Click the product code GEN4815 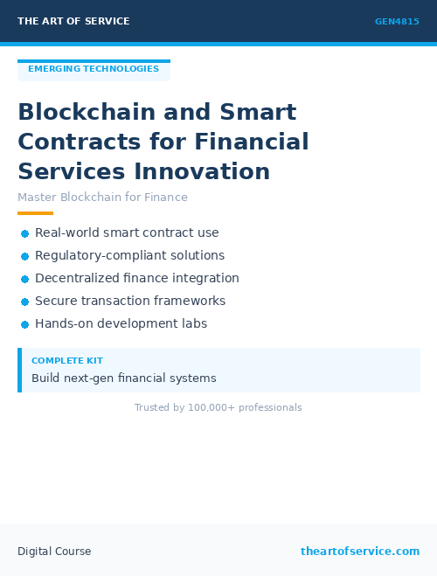pyautogui.click(x=397, y=22)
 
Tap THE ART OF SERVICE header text pyautogui.click(x=73, y=21)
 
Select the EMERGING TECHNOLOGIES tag pyautogui.click(x=94, y=69)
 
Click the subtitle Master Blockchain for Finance pyautogui.click(x=102, y=198)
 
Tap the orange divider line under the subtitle pyautogui.click(x=35, y=213)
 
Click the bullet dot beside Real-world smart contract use pyautogui.click(x=25, y=233)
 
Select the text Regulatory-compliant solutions pyautogui.click(x=129, y=256)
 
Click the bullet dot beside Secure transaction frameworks pyautogui.click(x=25, y=302)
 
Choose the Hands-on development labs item pyautogui.click(x=121, y=323)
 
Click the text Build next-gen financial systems pyautogui.click(x=123, y=378)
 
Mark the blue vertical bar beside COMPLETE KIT pyautogui.click(x=19, y=370)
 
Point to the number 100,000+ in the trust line pyautogui.click(x=208, y=408)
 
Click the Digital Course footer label pyautogui.click(x=54, y=552)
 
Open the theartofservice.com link pyautogui.click(x=360, y=552)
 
